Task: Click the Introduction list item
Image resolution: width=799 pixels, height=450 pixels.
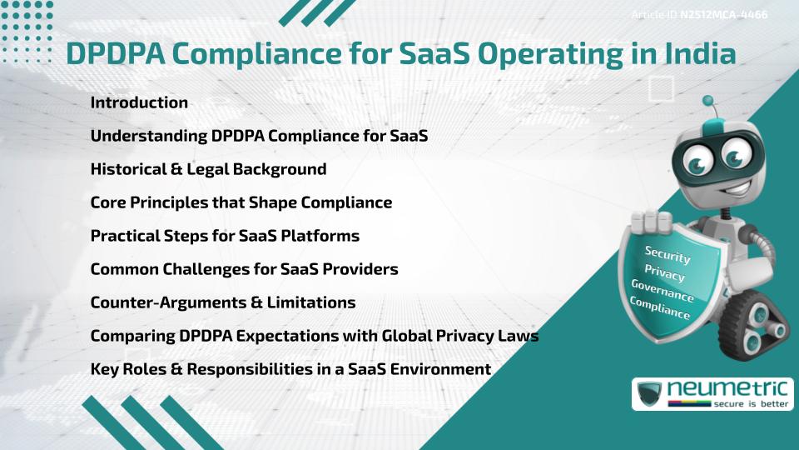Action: (x=139, y=102)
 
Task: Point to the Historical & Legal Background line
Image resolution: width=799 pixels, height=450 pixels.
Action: (x=208, y=169)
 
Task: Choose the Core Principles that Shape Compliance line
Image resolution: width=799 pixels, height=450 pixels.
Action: (x=241, y=202)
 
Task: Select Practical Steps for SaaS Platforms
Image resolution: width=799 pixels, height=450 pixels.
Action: (x=225, y=236)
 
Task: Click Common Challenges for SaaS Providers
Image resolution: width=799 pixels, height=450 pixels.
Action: (x=244, y=269)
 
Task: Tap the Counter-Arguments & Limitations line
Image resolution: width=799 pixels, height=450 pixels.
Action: (x=222, y=302)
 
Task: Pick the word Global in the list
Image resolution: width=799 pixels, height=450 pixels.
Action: (x=408, y=336)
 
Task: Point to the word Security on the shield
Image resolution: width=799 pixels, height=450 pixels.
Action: (x=667, y=254)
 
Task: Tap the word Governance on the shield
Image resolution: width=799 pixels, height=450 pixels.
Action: (x=662, y=291)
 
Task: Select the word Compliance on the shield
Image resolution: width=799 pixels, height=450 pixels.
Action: (x=659, y=308)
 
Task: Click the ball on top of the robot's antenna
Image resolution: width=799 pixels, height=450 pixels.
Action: (x=709, y=101)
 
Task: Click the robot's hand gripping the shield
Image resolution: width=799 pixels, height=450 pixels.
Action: (x=651, y=221)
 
